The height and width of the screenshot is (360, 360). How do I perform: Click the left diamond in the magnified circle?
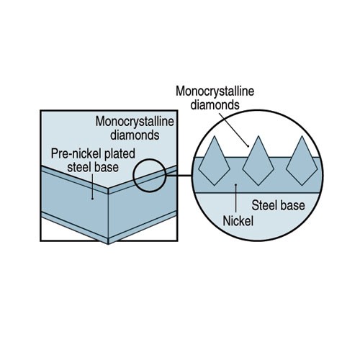(x=215, y=161)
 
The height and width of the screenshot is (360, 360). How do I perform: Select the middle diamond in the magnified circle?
(x=258, y=161)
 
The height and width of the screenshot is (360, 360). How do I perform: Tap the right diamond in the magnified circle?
(x=302, y=161)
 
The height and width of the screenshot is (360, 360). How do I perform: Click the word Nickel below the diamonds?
(x=238, y=221)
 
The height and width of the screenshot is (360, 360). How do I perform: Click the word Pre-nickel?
(x=76, y=154)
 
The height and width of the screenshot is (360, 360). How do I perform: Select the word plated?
(x=120, y=154)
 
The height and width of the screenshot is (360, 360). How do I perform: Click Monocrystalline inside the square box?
(x=135, y=122)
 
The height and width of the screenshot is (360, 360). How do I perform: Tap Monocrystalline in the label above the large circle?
(x=215, y=91)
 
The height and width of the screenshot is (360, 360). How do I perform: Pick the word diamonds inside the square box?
(x=135, y=135)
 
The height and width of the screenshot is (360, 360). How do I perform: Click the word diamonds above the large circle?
(x=215, y=105)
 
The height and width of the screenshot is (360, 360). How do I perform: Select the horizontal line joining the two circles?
(x=179, y=176)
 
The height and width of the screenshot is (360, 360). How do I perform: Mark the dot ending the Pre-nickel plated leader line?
(x=92, y=199)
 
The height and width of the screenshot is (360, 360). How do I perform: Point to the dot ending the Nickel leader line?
(x=236, y=184)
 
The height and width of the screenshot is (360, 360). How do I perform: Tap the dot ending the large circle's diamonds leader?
(x=248, y=145)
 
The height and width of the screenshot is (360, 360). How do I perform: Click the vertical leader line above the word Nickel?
(x=236, y=198)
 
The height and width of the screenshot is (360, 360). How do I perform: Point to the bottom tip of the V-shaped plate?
(x=108, y=244)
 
